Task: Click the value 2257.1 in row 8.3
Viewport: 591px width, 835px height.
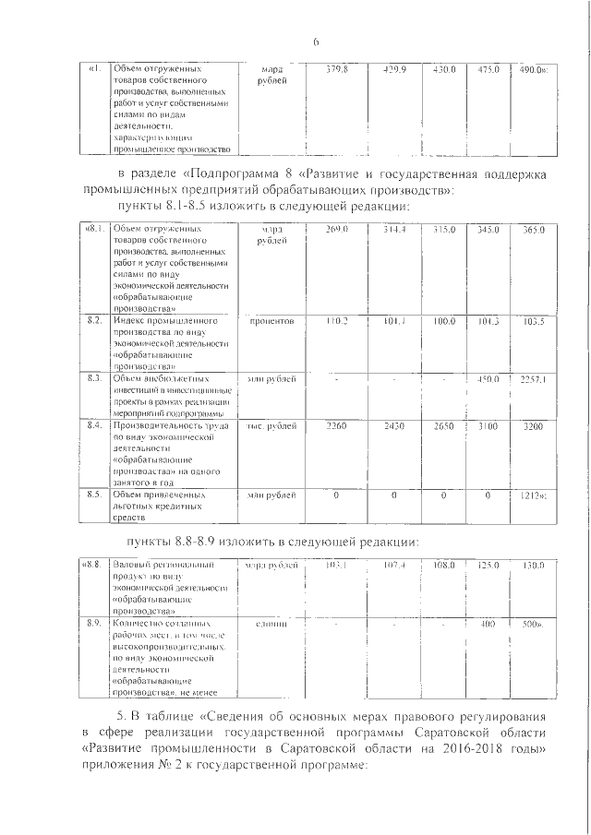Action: [535, 378]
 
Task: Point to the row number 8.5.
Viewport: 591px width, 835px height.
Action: [93, 495]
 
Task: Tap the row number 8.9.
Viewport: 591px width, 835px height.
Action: [93, 625]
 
